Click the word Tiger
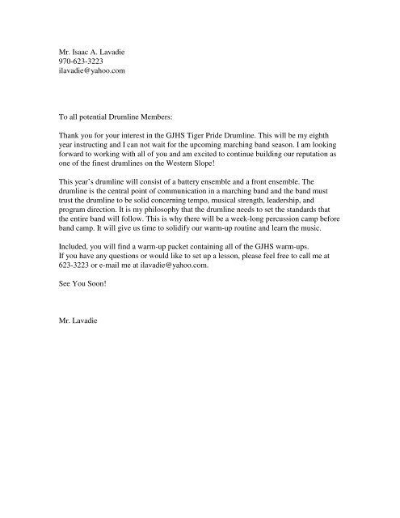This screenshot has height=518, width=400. pos(213,137)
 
